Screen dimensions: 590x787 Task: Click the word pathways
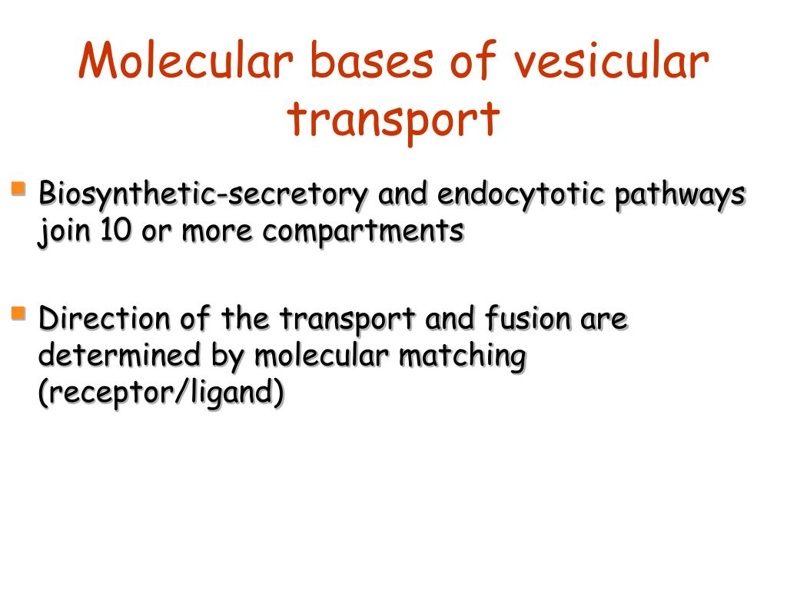point(679,195)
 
